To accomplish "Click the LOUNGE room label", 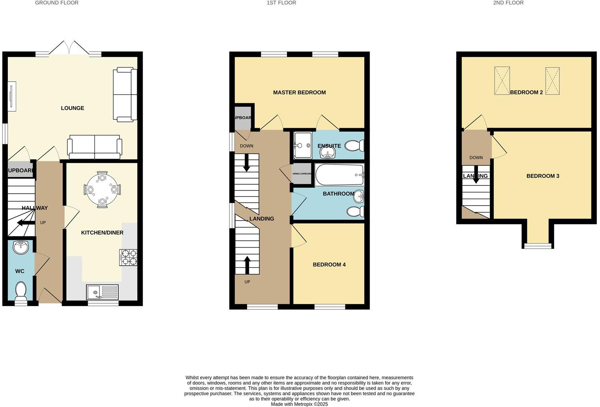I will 72,108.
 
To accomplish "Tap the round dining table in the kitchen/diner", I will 102,190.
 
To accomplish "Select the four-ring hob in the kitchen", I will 128,257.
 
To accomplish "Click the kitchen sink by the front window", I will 102,292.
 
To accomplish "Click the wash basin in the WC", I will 21,247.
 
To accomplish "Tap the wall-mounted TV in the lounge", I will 12,96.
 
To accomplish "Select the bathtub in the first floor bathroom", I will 339,175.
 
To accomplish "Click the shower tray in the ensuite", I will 303,145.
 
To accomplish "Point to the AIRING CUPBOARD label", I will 302,174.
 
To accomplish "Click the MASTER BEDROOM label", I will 299,93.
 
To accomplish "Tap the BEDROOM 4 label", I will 329,265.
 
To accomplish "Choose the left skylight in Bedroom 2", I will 502,81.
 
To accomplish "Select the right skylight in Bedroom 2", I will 553,81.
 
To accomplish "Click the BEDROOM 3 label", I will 542,176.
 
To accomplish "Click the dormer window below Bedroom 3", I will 537,246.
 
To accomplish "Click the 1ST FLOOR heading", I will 281,3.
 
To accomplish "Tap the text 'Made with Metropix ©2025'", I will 299,404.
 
